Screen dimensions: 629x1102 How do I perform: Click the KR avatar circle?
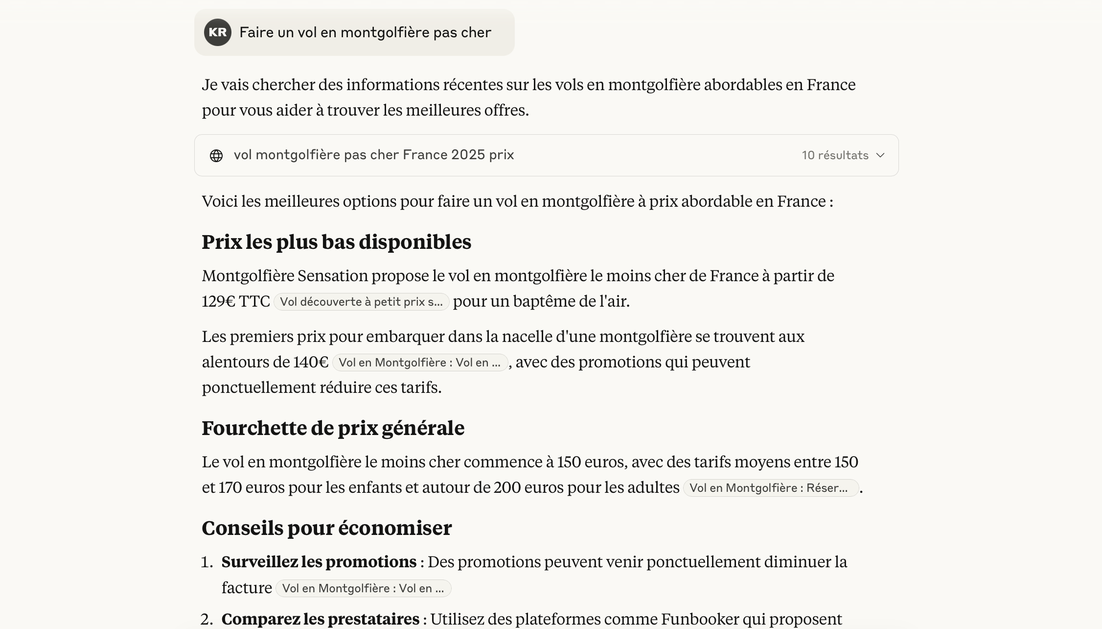coord(218,32)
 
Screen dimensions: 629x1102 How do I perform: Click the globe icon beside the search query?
coord(216,155)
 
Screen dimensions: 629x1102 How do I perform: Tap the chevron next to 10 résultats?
coord(880,155)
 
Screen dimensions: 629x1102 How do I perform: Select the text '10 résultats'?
coord(835,155)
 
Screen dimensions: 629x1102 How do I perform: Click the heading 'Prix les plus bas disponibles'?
coord(336,242)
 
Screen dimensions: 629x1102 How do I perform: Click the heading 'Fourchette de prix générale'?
coord(333,428)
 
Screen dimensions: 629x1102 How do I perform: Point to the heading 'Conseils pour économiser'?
coord(326,528)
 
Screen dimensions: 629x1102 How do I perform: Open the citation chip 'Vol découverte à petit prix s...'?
coord(361,302)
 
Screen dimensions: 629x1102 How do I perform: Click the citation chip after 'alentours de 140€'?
coord(419,363)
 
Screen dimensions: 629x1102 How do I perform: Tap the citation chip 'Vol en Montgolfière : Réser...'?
coord(770,488)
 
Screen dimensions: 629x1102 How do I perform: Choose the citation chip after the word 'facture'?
coord(363,588)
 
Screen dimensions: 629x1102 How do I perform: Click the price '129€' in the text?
coord(219,301)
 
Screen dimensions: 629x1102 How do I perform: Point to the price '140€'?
coord(311,362)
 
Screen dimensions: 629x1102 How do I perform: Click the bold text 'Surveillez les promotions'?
coord(319,562)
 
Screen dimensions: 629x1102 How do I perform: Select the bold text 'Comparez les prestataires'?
coord(320,619)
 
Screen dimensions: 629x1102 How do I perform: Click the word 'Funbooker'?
coord(700,619)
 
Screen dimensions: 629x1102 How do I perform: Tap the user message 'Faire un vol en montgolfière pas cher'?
coord(365,32)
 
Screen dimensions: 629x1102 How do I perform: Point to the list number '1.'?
coord(207,562)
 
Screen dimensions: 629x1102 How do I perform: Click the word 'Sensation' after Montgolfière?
coord(332,276)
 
